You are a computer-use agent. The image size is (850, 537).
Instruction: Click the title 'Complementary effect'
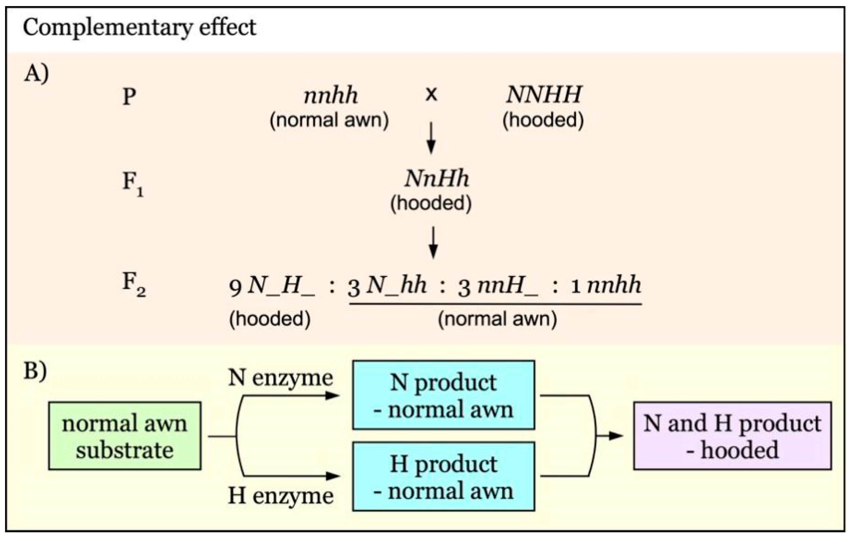tap(139, 27)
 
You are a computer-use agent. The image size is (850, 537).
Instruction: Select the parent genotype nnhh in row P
tap(331, 96)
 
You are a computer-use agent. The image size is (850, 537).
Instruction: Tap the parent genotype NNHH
tap(544, 95)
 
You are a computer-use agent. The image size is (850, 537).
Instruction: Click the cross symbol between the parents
tap(431, 95)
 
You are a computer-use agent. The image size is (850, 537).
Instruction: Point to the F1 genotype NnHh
tap(437, 179)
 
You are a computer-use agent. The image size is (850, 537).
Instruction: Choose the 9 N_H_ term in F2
tap(271, 286)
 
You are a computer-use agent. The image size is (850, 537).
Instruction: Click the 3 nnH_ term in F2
tap(498, 286)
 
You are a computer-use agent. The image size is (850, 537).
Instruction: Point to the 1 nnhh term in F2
tap(606, 285)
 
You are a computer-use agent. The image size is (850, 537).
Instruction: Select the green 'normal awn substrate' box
tap(125, 436)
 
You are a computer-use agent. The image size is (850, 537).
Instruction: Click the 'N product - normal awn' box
tap(443, 395)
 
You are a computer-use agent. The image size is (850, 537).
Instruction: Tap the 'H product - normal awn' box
tap(443, 477)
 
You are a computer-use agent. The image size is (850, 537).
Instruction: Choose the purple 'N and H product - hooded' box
tap(733, 436)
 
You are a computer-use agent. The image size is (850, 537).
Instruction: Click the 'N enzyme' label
tap(280, 378)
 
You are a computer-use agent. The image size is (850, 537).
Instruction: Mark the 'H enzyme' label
tap(281, 496)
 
